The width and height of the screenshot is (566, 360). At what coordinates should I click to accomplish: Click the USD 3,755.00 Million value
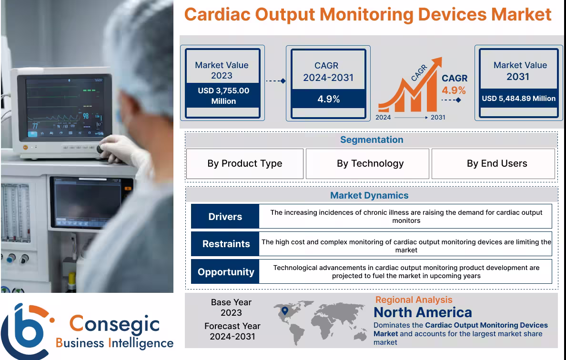[x=223, y=96]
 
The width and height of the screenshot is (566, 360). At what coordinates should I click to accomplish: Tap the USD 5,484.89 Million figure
[x=518, y=99]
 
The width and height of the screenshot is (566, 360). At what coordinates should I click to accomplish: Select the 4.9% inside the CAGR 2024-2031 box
[x=328, y=99]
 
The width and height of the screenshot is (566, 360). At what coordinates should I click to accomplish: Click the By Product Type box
[x=244, y=163]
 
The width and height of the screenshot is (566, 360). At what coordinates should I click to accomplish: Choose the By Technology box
[x=370, y=163]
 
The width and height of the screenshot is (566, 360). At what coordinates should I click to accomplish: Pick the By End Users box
[x=496, y=163]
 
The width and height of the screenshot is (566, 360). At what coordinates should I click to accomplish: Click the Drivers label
[x=225, y=217]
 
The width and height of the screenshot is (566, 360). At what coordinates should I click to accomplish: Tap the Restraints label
[x=226, y=244]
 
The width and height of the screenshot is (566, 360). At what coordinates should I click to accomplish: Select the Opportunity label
[x=226, y=272]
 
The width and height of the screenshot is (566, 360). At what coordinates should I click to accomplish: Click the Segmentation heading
[x=372, y=140]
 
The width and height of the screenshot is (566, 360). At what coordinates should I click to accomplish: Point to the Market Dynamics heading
[x=369, y=195]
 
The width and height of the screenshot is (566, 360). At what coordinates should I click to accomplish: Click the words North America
[x=423, y=312]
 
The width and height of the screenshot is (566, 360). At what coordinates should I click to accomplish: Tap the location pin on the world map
[x=285, y=311]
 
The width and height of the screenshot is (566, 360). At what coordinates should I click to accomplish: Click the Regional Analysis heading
[x=414, y=300]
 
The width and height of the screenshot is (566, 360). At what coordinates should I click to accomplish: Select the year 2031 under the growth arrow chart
[x=438, y=117]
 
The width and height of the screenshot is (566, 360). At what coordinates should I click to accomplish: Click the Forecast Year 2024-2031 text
[x=232, y=331]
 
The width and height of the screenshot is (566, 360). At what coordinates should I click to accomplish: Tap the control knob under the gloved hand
[x=101, y=150]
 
